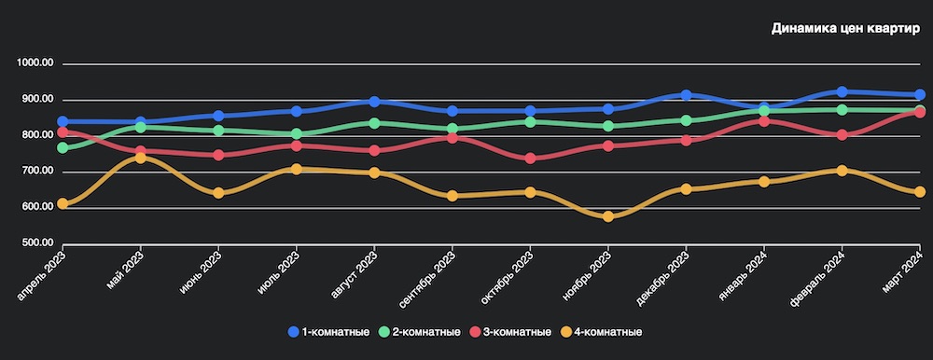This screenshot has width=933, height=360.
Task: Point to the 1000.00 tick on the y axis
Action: (37, 63)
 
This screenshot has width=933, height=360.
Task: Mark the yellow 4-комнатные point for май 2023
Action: (140, 158)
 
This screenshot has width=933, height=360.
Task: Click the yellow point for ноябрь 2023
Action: (608, 216)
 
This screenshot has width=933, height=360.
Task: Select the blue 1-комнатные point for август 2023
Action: (374, 102)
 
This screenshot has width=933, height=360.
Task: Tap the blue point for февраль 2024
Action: (842, 91)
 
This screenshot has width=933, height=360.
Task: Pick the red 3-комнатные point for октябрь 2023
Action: (530, 159)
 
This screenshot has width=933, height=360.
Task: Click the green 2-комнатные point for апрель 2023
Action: (63, 147)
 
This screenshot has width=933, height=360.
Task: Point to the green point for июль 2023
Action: (296, 134)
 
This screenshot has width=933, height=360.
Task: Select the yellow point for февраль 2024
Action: (842, 171)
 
